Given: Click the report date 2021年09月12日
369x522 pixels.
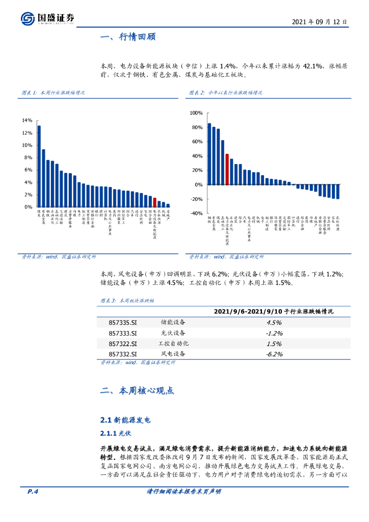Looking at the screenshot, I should pyautogui.click(x=320, y=22).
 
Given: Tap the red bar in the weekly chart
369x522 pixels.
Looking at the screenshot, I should pyautogui.click(x=154, y=202).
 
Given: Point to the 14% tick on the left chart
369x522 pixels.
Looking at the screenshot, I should pyautogui.click(x=27, y=120).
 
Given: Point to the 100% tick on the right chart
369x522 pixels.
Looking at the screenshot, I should pyautogui.click(x=196, y=113).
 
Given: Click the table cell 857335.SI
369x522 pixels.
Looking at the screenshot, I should pyautogui.click(x=123, y=323).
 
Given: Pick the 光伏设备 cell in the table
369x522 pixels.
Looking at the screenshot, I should pyautogui.click(x=173, y=333).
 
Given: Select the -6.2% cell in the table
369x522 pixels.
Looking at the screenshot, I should pyautogui.click(x=274, y=354).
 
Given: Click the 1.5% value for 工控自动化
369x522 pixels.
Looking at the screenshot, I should pyautogui.click(x=274, y=344).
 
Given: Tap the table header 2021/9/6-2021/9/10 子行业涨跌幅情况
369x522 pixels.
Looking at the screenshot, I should pyautogui.click(x=274, y=311).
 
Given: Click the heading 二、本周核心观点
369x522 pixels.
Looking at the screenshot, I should pyautogui.click(x=137, y=391).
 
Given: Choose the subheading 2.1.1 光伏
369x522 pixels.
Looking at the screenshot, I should pyautogui.click(x=113, y=433).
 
